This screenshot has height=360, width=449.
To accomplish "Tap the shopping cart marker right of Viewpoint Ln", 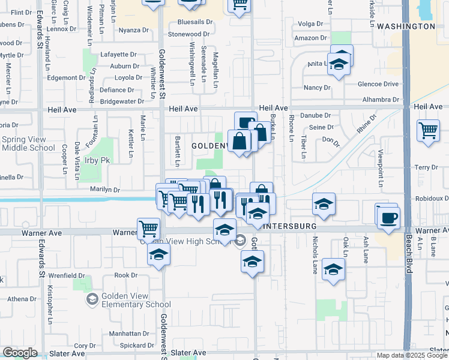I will pos(428,130).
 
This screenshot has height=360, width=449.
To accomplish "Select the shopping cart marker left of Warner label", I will pos(149,228).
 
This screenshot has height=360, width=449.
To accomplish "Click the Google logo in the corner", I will pos(20,353).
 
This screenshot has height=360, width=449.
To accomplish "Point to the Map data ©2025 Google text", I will pos(411,355).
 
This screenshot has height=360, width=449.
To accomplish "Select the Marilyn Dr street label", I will pos(105,190).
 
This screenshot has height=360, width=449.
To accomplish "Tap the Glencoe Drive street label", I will pos(377,85).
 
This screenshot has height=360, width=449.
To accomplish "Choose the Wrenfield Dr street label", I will pos(67,275).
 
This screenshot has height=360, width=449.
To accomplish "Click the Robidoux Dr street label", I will pos(430,198).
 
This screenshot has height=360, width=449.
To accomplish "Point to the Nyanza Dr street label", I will pos(133,30).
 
